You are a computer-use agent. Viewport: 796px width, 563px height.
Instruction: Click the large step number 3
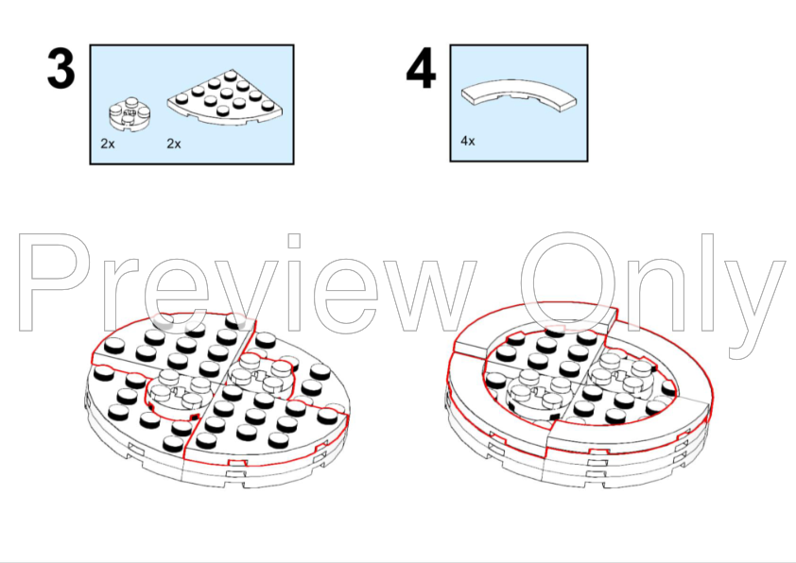pyautogui.click(x=61, y=69)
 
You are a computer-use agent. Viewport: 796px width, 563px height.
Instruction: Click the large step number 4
pyautogui.click(x=421, y=68)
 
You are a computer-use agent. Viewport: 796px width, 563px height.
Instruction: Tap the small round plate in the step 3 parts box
pyautogui.click(x=130, y=114)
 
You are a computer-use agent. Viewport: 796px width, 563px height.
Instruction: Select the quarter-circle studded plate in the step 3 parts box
pyautogui.click(x=225, y=97)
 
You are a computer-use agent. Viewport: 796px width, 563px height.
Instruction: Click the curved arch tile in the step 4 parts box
pyautogui.click(x=519, y=94)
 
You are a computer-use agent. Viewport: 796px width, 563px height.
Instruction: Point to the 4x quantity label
pyautogui.click(x=468, y=141)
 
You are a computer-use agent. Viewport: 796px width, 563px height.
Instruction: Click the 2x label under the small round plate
pyautogui.click(x=108, y=144)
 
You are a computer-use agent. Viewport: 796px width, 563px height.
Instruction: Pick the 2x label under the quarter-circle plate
pyautogui.click(x=174, y=144)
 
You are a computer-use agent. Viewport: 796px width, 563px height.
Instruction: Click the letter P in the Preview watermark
pyautogui.click(x=55, y=282)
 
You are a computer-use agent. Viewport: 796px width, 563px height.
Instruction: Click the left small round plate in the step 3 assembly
pyautogui.click(x=174, y=391)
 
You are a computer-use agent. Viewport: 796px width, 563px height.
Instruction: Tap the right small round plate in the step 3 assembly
pyautogui.click(x=260, y=375)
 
